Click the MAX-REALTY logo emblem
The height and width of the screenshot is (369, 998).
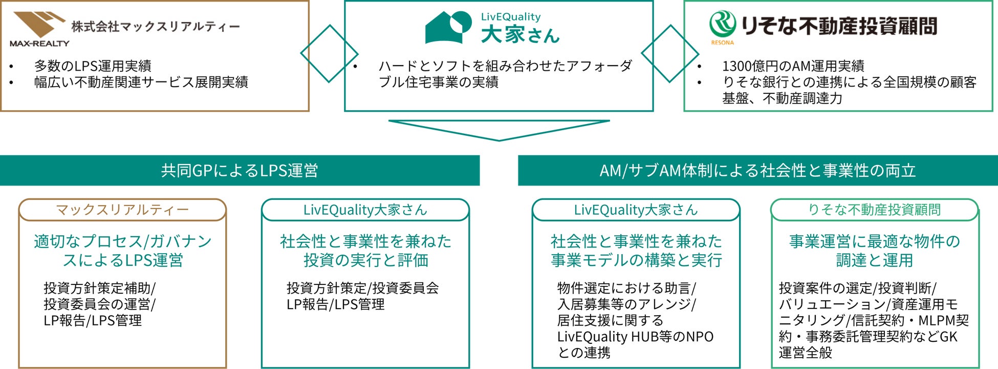coord(38,24)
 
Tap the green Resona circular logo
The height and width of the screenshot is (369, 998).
coord(722,24)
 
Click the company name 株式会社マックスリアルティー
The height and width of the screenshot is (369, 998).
coord(155,26)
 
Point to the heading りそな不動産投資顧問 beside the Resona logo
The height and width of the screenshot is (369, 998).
coord(839,26)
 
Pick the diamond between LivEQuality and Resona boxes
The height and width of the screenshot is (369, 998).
coord(669,54)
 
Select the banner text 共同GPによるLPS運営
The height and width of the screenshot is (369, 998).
coord(240,170)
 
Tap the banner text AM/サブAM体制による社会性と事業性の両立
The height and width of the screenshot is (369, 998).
coord(757,170)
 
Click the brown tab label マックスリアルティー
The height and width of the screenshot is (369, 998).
coord(122,210)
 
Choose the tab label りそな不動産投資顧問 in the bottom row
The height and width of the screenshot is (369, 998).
coord(874,210)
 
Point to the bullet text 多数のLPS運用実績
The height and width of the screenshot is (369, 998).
coord(93,66)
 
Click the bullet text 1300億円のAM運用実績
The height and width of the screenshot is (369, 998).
coord(793,66)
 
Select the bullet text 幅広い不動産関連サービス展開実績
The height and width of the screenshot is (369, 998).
coord(141,82)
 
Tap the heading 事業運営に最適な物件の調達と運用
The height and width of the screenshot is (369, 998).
coord(874,251)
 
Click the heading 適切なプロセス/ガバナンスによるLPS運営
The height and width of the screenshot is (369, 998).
coord(122,251)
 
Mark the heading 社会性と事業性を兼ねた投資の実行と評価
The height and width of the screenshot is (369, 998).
coord(365,251)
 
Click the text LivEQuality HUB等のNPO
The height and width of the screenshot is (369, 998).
coord(635,337)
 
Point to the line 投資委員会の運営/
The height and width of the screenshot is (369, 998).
coord(99,304)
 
